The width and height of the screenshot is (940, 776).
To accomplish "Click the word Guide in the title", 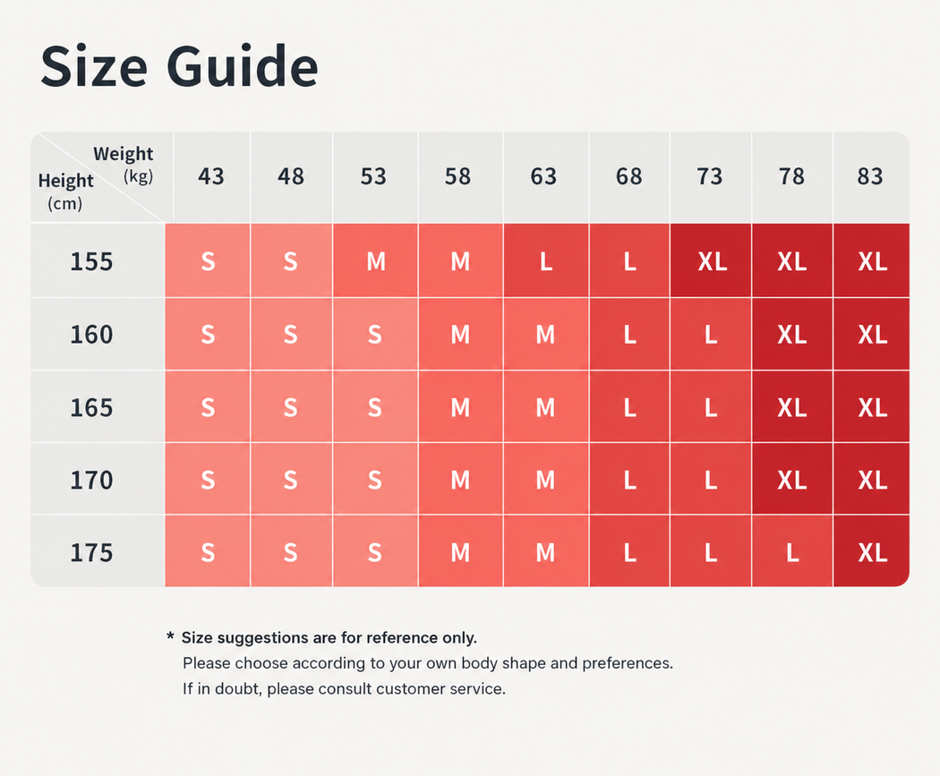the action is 243,66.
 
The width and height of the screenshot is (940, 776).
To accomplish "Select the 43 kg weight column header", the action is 211,176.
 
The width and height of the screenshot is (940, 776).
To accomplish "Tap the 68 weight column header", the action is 628,176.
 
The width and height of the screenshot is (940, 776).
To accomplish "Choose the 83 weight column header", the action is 870,176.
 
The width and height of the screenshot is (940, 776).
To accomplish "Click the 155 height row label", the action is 91,262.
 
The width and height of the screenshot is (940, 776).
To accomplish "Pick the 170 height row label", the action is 91,480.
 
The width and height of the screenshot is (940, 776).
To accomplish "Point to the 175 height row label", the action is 91,552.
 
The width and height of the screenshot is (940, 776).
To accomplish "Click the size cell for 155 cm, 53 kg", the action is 375,260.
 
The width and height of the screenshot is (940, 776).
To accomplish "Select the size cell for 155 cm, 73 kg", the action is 711,260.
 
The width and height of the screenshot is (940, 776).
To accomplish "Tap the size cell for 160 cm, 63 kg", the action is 546,334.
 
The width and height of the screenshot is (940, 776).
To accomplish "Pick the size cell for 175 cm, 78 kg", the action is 792,551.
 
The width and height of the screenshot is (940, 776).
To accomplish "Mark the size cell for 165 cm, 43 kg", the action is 208,407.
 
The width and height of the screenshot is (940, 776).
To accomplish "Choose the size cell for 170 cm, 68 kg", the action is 629,479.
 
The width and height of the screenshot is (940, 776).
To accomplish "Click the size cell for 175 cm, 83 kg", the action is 872,551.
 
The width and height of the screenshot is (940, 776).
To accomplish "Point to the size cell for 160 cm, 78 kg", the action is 792,334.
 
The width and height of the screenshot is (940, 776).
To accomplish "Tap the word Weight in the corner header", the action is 123,154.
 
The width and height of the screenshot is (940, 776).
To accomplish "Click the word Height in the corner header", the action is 66,181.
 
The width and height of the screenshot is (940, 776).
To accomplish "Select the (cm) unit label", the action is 64,204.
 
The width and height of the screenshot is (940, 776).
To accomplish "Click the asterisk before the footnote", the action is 170,635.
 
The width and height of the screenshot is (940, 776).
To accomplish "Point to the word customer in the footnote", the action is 416,688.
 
